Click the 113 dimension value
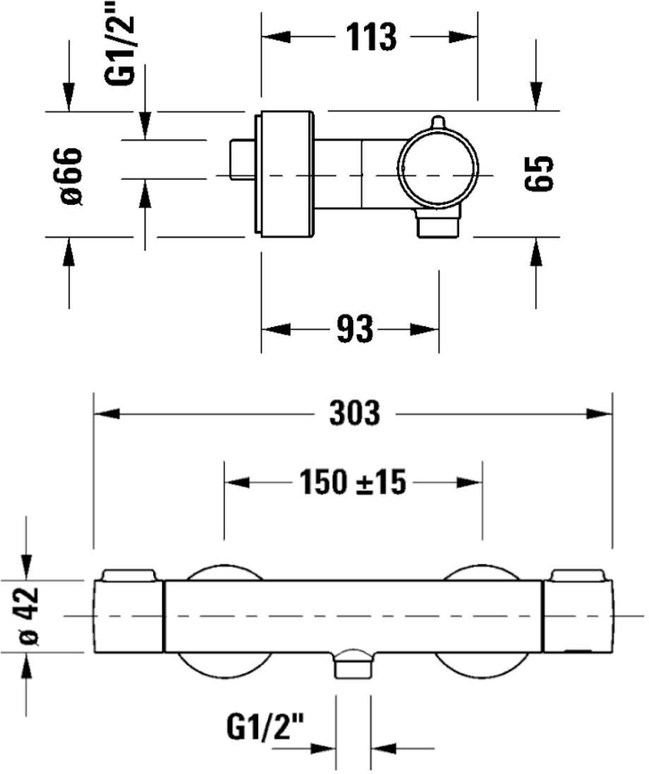371,37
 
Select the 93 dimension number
355,329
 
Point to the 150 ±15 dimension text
353,482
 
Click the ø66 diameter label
71,175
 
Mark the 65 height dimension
538,173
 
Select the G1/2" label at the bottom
265,727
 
